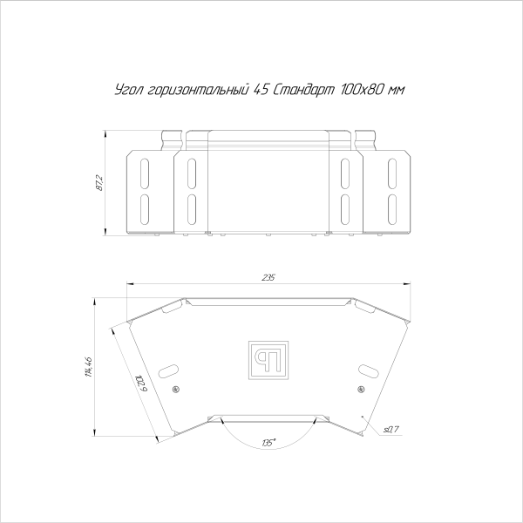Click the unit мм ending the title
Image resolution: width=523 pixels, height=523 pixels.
click(x=398, y=90)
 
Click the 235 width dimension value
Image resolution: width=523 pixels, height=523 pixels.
click(x=268, y=277)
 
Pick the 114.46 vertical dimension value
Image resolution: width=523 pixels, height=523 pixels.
click(x=88, y=367)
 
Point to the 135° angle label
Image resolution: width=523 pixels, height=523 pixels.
click(x=268, y=443)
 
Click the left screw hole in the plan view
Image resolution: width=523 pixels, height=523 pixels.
click(x=176, y=388)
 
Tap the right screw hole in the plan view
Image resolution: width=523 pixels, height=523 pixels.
click(x=359, y=388)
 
